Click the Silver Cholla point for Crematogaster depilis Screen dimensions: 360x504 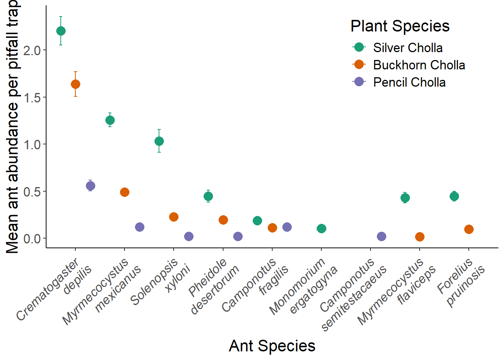pyautogui.click(x=61, y=31)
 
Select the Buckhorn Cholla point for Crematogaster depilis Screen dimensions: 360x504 pyautogui.click(x=75, y=84)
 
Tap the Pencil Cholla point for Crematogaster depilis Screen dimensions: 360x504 pyautogui.click(x=90, y=186)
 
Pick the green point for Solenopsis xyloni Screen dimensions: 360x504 pyautogui.click(x=159, y=141)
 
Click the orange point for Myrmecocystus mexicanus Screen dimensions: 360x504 pyautogui.click(x=124, y=192)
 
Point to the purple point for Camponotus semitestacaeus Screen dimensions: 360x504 pyautogui.click(x=381, y=236)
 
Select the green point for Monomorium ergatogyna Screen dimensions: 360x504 pyautogui.click(x=321, y=228)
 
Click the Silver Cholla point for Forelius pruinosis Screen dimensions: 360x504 pyautogui.click(x=454, y=196)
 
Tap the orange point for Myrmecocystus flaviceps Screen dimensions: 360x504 pyautogui.click(x=420, y=237)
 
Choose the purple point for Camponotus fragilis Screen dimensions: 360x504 pyautogui.click(x=287, y=227)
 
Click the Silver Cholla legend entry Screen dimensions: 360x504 pyautogui.click(x=408, y=48)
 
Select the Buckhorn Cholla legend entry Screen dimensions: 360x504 pyautogui.click(x=419, y=65)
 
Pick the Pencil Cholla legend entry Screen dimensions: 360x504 pyautogui.click(x=409, y=82)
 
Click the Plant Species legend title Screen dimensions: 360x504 pyautogui.click(x=400, y=26)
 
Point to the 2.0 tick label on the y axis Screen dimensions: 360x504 pyautogui.click(x=32, y=50)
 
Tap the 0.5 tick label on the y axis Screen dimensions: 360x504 pyautogui.click(x=32, y=192)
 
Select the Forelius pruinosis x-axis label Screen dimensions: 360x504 pyautogui.click(x=460, y=282)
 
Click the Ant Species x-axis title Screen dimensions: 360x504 pyautogui.click(x=272, y=346)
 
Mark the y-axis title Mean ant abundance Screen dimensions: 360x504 pyautogui.click(x=13, y=127)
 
